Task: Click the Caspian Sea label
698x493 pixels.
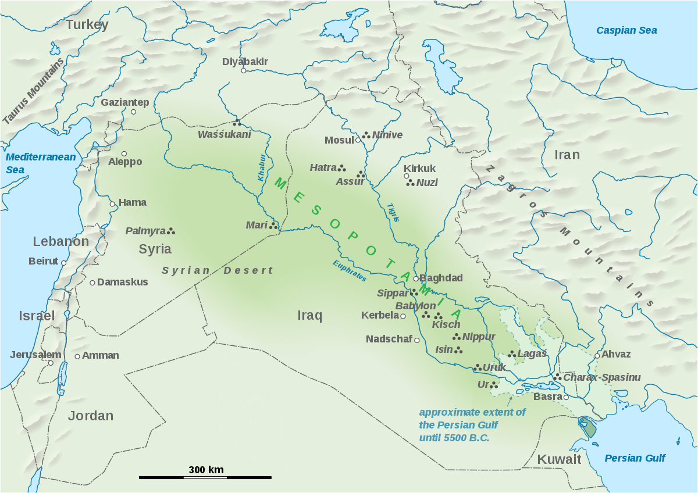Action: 626,30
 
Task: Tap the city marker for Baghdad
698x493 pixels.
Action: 415,278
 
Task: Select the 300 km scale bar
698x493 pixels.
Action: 205,477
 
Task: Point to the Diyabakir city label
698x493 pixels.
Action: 245,62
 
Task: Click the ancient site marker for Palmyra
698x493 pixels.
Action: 171,231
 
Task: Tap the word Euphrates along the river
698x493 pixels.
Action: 350,271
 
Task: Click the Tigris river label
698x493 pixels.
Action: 393,212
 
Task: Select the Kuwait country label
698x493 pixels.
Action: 558,459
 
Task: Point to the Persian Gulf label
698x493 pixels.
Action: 635,458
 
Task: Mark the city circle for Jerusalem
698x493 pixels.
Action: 51,363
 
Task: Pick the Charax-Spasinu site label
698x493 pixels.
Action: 601,377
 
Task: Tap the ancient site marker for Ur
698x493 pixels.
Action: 494,385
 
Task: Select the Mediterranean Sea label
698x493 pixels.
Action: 40,163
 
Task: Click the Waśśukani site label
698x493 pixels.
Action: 224,135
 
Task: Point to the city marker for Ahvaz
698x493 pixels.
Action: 597,355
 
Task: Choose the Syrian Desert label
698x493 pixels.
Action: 217,270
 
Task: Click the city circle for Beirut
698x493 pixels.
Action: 64,263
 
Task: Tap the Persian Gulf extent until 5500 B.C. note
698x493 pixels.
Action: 472,424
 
